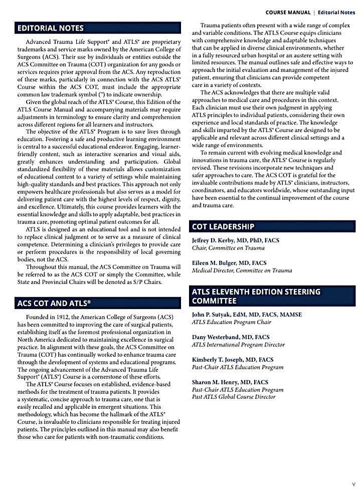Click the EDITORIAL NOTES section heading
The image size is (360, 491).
tap(50, 28)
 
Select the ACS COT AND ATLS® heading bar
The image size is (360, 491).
tap(55, 303)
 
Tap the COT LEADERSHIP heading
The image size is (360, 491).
tap(223, 226)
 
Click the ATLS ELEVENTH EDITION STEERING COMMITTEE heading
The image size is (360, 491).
tap(256, 296)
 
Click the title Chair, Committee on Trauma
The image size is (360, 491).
tap(228, 248)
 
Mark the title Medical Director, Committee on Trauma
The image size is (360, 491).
tap(242, 271)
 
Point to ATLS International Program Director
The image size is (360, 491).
tap(238, 345)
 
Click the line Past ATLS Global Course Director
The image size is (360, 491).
tap(234, 397)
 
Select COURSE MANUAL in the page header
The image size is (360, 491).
tap(288, 12)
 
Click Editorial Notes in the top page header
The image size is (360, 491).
tap(336, 12)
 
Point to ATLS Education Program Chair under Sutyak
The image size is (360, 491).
tap(231, 322)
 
